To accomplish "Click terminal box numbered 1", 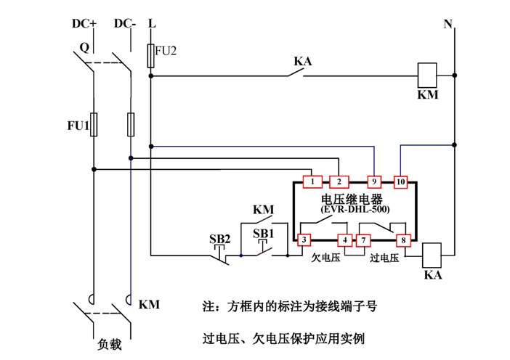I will coord(311,181).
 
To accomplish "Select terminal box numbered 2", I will coord(339,181).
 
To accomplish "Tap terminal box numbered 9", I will coord(374,181).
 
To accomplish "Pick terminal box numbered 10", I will coord(401,181).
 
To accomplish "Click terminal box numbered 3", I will coord(304,239).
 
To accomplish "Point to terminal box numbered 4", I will coord(344,239).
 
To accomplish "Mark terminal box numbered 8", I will coord(401,239).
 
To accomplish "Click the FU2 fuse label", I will coord(166,52).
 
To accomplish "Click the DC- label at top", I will coord(126,23).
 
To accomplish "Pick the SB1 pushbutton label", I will coord(264,233).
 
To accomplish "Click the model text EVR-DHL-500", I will coord(355,209).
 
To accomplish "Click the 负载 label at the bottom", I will coord(108,345).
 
